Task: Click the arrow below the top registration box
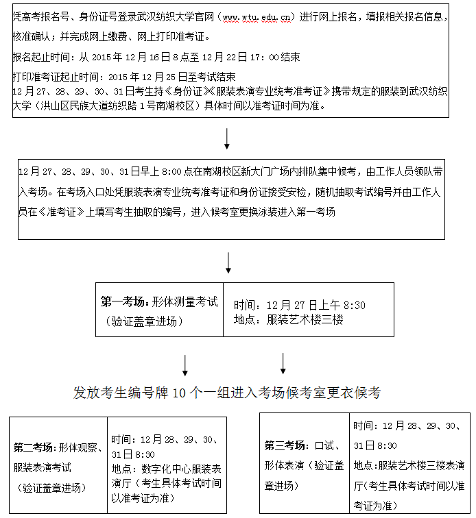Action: (x=227, y=139)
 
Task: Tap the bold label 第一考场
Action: (x=124, y=301)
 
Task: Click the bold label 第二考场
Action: (x=34, y=447)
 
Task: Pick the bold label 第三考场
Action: (x=285, y=445)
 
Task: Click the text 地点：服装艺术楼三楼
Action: (x=288, y=319)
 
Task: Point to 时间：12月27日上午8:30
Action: (x=299, y=305)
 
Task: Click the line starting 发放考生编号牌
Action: (x=226, y=393)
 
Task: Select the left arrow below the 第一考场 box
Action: (x=185, y=365)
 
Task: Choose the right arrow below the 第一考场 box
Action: (x=283, y=363)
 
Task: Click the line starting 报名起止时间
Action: (x=156, y=57)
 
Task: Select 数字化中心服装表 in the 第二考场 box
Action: (x=181, y=469)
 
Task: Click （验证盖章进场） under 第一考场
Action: (x=141, y=321)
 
